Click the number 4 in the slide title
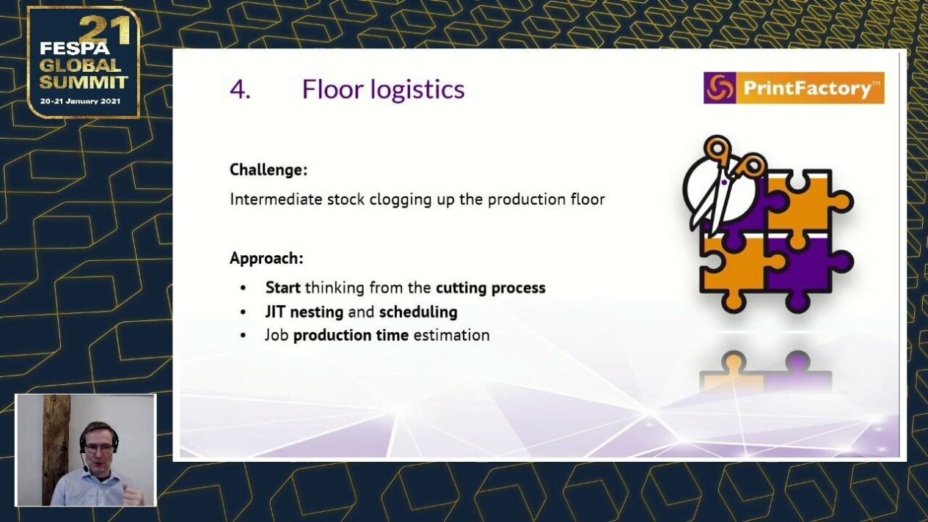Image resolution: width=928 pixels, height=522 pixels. (238, 89)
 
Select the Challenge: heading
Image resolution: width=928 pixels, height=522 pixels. (268, 169)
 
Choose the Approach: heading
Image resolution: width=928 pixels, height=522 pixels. (266, 258)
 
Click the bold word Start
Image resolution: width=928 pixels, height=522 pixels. (283, 287)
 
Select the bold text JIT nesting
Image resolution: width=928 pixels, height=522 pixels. (304, 312)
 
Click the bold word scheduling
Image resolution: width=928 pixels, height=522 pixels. (418, 312)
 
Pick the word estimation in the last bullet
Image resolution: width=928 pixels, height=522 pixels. (452, 335)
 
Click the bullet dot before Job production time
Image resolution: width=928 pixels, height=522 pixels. (243, 335)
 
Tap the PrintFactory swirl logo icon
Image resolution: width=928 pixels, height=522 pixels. (720, 88)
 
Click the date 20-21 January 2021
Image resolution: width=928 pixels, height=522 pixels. (81, 101)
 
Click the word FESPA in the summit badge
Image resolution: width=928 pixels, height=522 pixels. (75, 48)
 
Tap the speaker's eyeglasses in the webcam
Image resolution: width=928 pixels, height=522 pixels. (99, 449)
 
